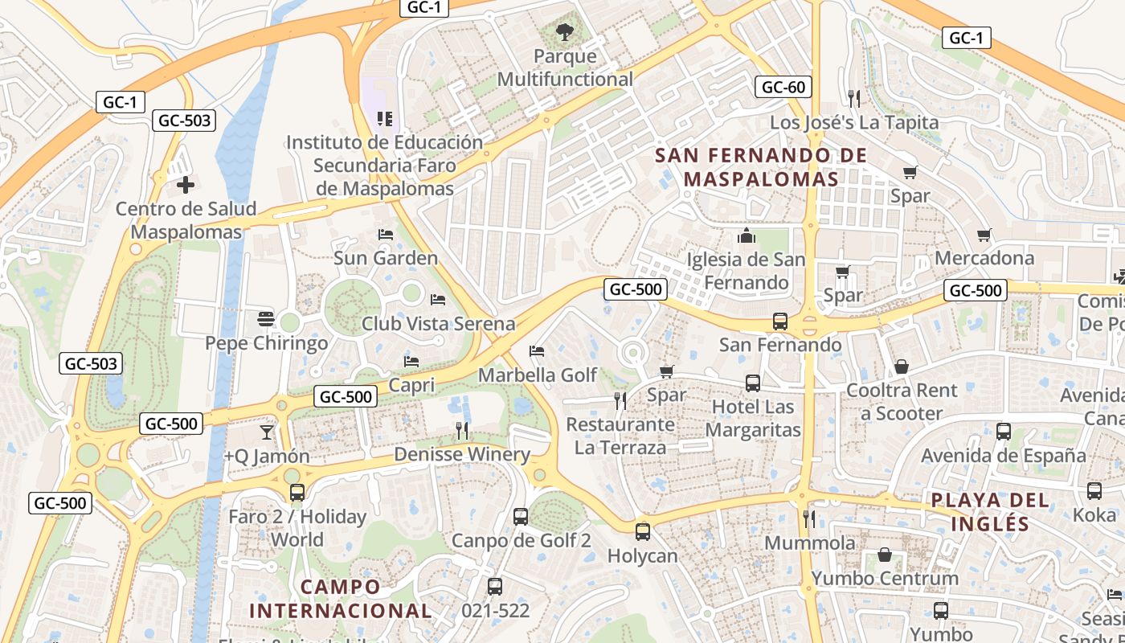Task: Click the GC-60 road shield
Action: coord(783,87)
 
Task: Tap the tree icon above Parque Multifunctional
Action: coord(565,32)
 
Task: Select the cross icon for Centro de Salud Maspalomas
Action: coord(186,185)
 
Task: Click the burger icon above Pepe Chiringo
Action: coord(266,319)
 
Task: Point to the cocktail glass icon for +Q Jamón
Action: coord(267,432)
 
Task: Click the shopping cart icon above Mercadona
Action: coord(984,235)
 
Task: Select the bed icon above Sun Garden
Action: coord(386,235)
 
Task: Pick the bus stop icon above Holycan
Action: coord(642,531)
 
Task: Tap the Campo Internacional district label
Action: coord(341,599)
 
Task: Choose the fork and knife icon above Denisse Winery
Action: coord(461,431)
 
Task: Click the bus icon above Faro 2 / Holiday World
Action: coord(297,493)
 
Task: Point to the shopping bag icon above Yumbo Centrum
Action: coord(884,555)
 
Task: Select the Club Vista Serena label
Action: coord(438,324)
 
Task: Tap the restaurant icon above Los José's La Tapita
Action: coord(853,98)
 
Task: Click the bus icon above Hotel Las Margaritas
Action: coord(752,383)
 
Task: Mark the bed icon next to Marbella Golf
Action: coord(537,351)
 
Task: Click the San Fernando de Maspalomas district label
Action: coord(761,166)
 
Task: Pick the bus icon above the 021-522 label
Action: coord(495,587)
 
